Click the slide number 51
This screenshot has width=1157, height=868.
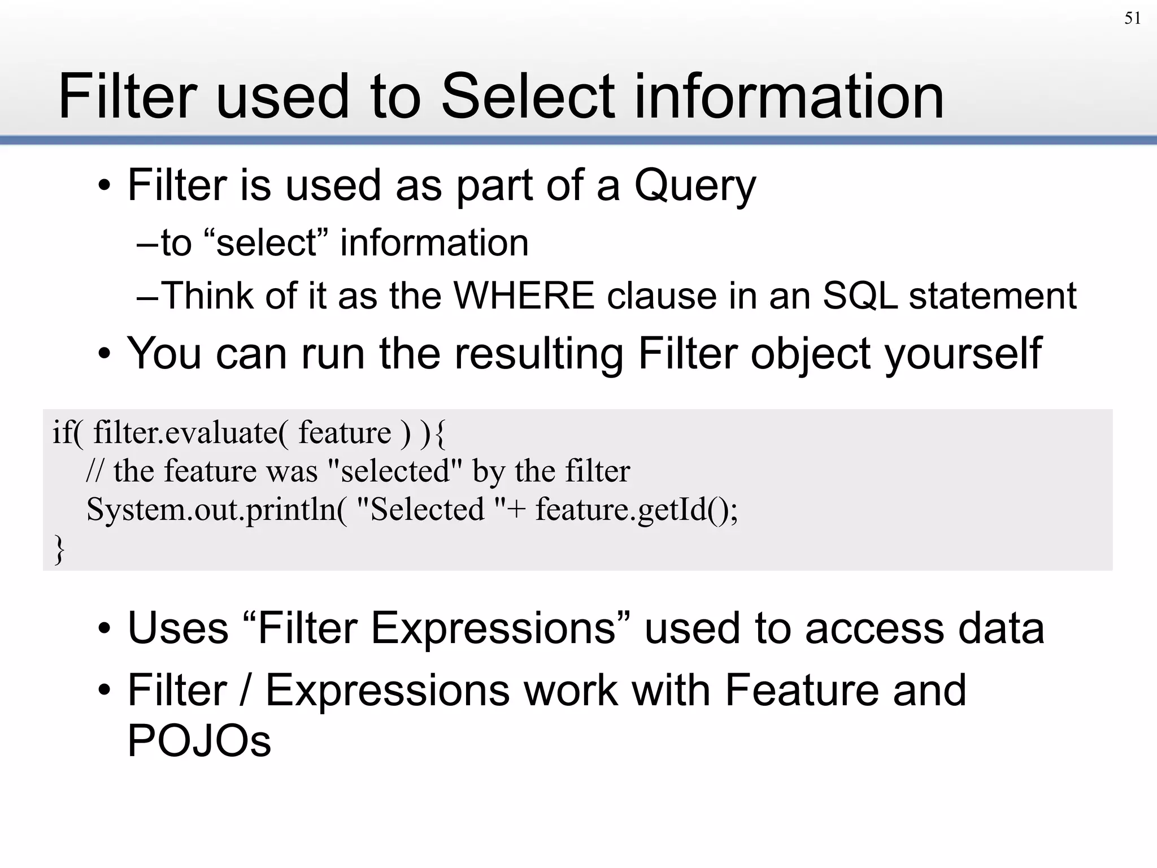[1132, 19]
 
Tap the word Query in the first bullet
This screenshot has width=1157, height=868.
[694, 186]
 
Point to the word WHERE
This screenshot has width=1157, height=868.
[524, 296]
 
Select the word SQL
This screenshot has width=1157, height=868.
[859, 296]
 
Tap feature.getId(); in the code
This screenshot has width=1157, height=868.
[636, 510]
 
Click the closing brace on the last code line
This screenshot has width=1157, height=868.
[59, 549]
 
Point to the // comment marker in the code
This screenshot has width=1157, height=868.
[94, 471]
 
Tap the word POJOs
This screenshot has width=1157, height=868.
[199, 741]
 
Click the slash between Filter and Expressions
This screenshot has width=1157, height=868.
[245, 691]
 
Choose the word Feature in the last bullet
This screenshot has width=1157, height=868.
[801, 691]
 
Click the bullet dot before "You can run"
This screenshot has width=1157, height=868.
[104, 355]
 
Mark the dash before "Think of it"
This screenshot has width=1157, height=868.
[147, 296]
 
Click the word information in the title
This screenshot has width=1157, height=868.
[789, 97]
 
